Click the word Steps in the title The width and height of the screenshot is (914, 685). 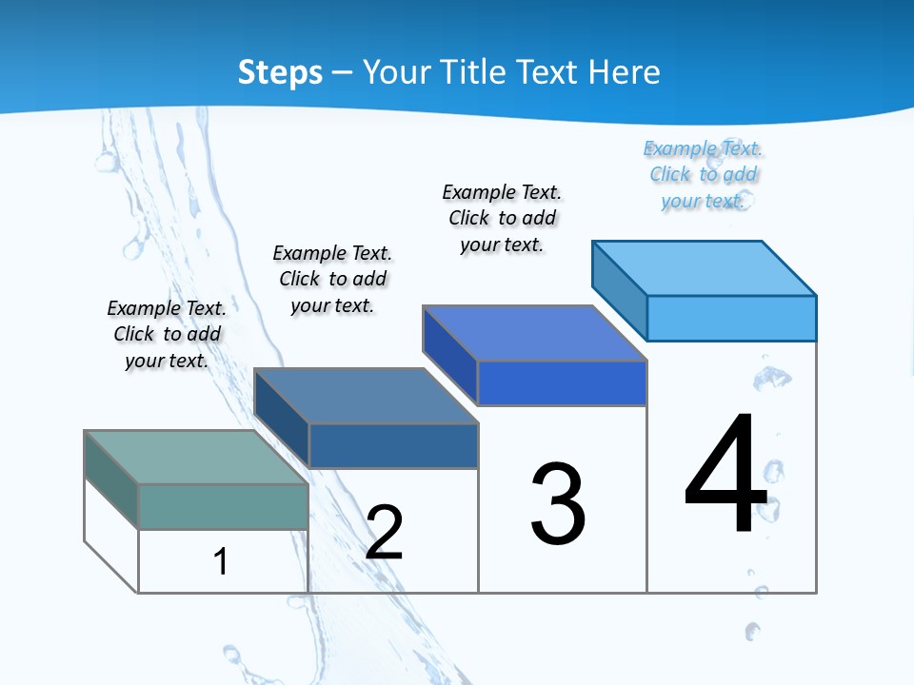(x=279, y=72)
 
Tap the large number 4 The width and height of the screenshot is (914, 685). (x=726, y=475)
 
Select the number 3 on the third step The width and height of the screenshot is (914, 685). (x=558, y=504)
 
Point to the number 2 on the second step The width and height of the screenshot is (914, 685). (x=384, y=533)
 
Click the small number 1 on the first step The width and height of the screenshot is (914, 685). (x=220, y=561)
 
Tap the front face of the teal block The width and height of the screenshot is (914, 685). (x=223, y=506)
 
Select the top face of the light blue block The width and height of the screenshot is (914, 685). (x=705, y=267)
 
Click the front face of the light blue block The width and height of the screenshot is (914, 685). (x=731, y=318)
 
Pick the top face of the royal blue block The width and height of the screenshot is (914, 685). (x=534, y=333)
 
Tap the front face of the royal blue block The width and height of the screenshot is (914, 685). (x=562, y=383)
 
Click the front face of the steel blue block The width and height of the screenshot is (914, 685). (x=393, y=445)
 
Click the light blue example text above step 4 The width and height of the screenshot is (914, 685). (x=703, y=174)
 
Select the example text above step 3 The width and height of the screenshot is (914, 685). (x=502, y=218)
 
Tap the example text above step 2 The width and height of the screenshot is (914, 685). (x=332, y=279)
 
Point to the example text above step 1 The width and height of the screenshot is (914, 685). (x=167, y=334)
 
